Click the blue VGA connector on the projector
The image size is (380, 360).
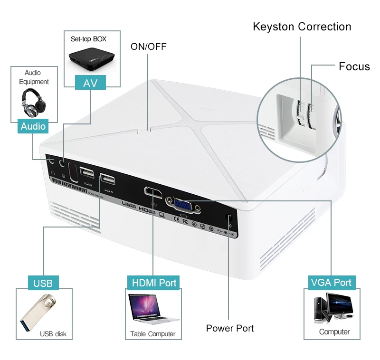(x=183, y=204)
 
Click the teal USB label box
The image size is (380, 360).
(x=43, y=283)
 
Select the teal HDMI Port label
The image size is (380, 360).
(x=154, y=283)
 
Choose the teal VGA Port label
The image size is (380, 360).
(x=331, y=282)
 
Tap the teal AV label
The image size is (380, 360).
(x=90, y=83)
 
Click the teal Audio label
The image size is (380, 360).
(x=33, y=126)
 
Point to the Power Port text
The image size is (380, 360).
(x=229, y=328)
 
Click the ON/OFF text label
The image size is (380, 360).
(x=148, y=46)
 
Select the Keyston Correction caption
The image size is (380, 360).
(x=302, y=27)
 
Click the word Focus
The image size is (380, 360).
(x=354, y=66)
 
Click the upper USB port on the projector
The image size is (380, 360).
(x=87, y=172)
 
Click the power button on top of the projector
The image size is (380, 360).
(x=144, y=128)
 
